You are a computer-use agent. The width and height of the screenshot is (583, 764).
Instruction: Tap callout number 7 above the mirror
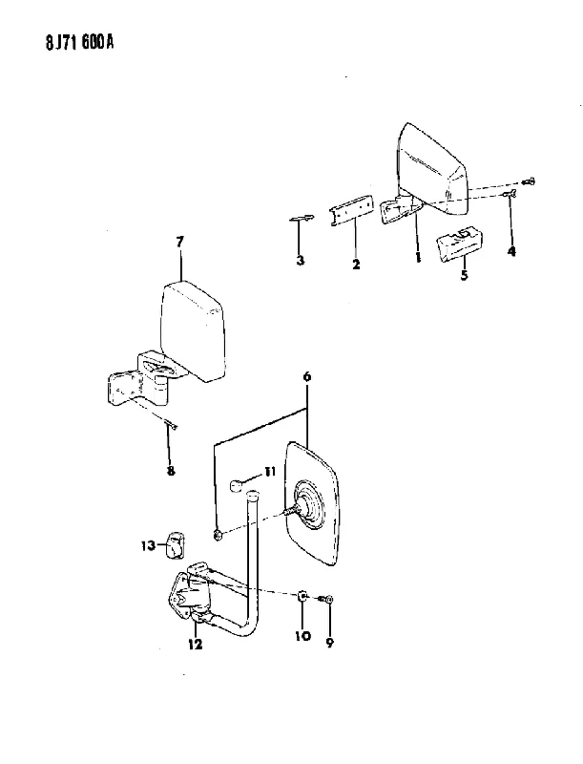[x=180, y=242]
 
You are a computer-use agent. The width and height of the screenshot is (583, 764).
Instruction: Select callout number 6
[x=306, y=376]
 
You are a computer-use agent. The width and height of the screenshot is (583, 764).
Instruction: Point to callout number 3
[x=301, y=261]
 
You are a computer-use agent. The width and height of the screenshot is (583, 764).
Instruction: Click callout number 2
[x=356, y=265]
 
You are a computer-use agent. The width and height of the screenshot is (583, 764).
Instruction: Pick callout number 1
[x=418, y=258]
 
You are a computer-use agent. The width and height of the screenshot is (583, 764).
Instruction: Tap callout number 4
[x=511, y=251]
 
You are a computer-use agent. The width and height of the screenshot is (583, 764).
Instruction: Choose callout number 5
[x=465, y=275]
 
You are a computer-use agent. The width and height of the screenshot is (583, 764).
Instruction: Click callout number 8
[x=171, y=471]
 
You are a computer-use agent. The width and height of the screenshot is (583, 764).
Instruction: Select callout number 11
[x=270, y=472]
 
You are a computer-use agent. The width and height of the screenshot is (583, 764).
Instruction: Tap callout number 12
[x=196, y=644]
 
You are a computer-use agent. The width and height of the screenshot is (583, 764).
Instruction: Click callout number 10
[x=302, y=636]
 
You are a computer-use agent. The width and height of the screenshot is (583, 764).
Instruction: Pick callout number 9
[x=330, y=643]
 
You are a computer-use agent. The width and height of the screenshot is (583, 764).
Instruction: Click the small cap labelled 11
[x=238, y=486]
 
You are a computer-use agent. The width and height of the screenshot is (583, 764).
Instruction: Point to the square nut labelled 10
[x=302, y=596]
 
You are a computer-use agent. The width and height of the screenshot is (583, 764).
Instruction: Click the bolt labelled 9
[x=326, y=600]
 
